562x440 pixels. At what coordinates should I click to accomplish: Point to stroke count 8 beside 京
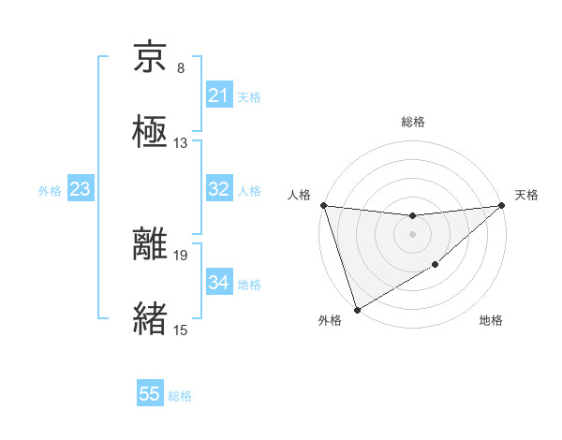coord(181,68)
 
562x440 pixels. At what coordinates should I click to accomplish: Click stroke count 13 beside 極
coord(181,143)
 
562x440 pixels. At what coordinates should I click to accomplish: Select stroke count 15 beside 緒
coord(181,330)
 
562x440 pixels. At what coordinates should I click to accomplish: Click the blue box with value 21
coord(218,95)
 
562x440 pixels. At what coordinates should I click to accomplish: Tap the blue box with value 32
coord(218,189)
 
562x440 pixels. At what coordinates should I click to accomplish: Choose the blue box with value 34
coord(218,283)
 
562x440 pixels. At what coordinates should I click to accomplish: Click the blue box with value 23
coord(80,189)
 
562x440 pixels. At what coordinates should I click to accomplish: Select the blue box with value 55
coord(149,394)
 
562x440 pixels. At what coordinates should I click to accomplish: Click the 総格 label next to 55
coord(180,396)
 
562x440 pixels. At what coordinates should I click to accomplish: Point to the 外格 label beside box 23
coord(50,191)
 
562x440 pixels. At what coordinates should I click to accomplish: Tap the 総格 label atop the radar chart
coord(412,122)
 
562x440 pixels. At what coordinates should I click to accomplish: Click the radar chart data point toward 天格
coord(502,205)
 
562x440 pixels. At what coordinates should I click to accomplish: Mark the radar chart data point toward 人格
coord(323,205)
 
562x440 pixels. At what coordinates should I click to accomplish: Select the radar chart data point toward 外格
coord(357,309)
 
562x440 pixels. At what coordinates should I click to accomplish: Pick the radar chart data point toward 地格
coord(436,266)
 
